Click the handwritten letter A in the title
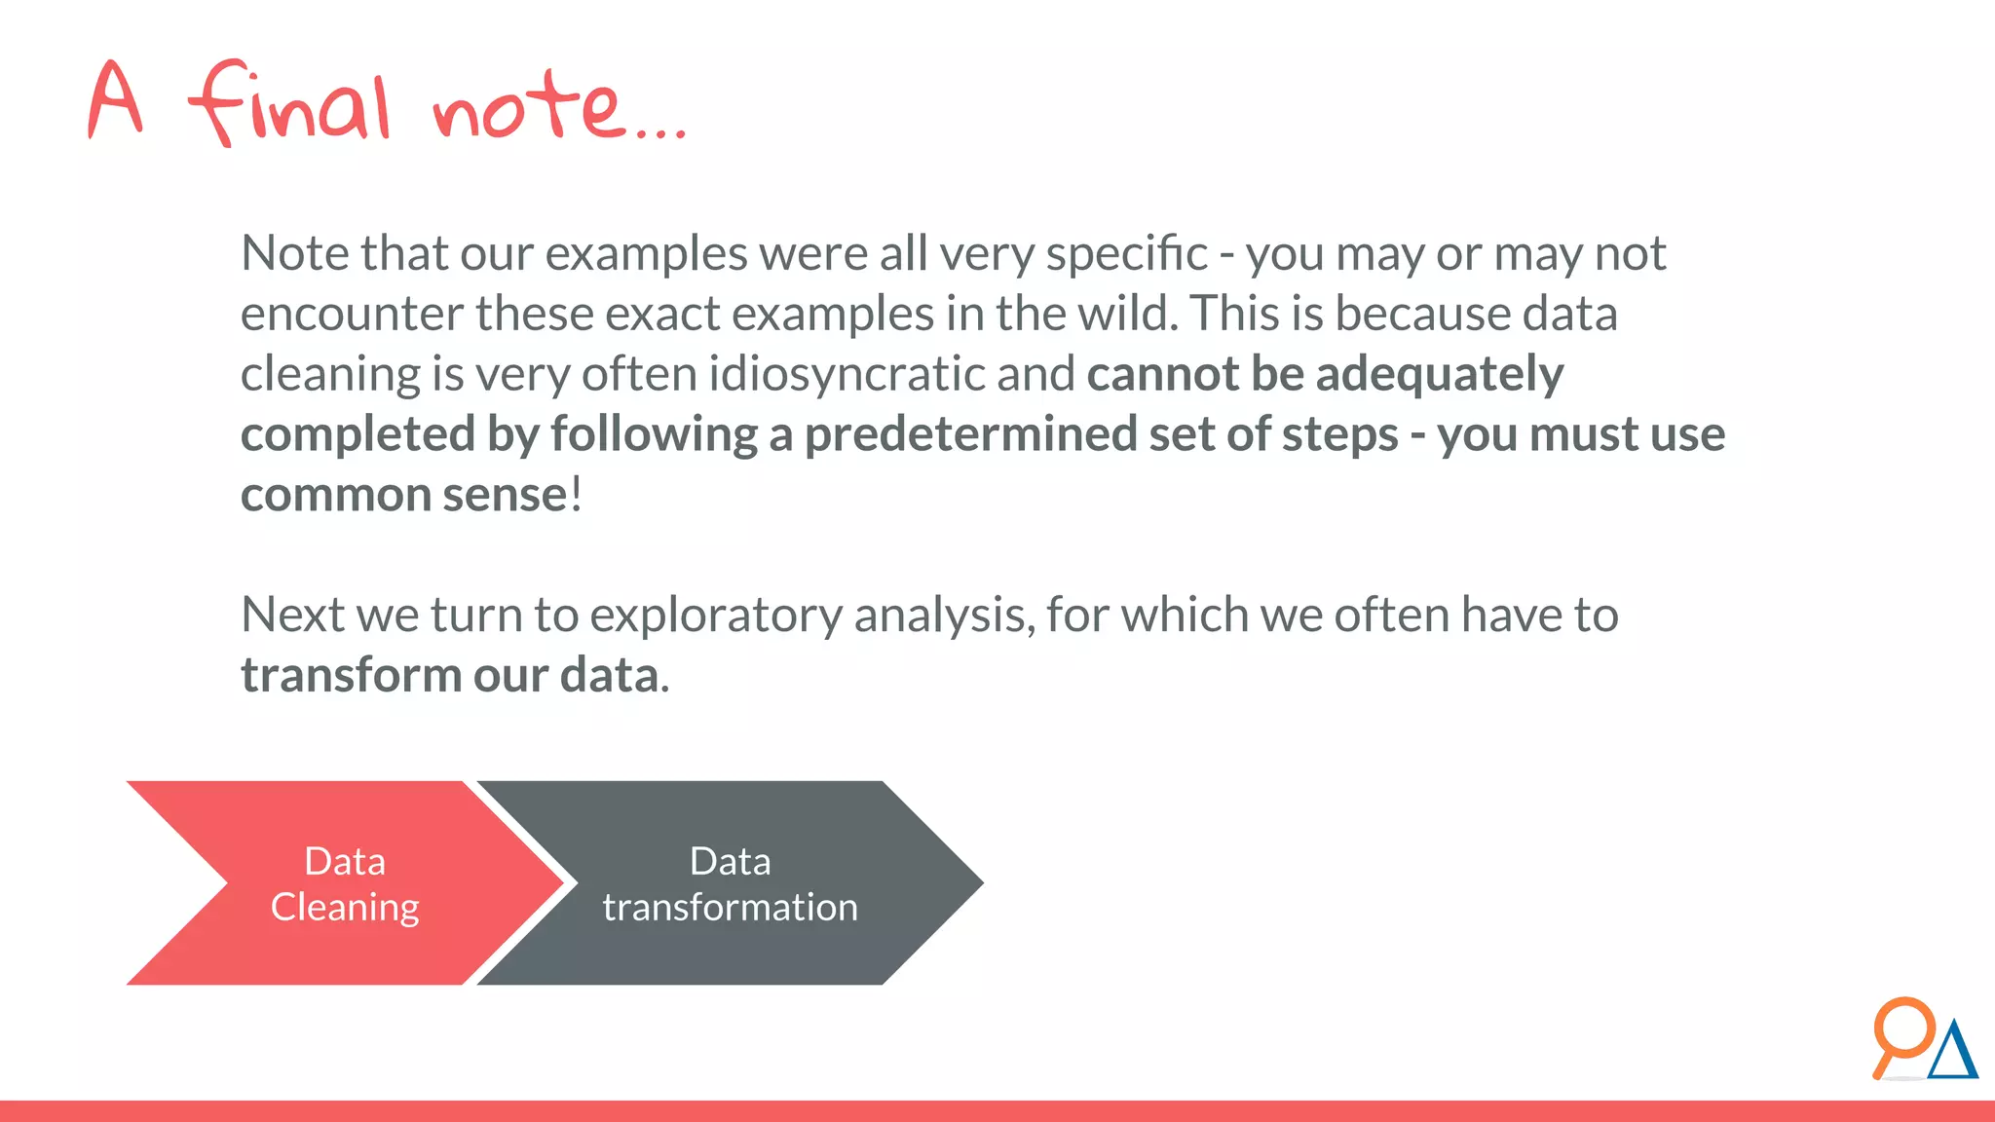coord(116,99)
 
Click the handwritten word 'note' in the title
coord(526,105)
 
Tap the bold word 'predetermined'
coord(969,434)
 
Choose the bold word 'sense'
coord(504,495)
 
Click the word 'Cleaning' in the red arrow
coord(345,908)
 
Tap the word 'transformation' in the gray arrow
coord(730,908)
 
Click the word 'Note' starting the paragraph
coord(294,253)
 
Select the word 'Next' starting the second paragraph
coord(292,615)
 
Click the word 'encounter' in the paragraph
coord(352,315)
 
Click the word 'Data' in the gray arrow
coord(730,862)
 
